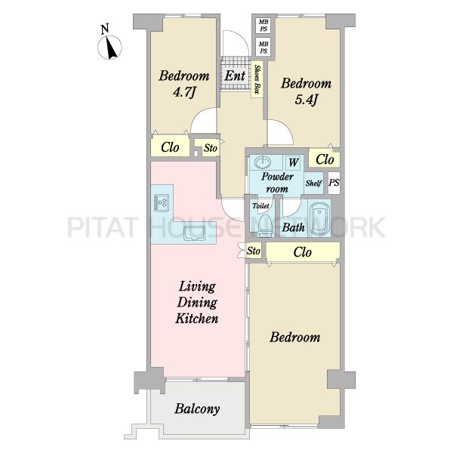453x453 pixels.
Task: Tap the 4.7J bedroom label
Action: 184,84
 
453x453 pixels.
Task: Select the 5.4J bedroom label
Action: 307,91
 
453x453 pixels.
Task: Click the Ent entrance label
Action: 235,75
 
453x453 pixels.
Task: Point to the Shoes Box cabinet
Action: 257,79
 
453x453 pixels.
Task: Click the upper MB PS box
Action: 263,26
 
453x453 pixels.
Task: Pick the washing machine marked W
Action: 293,162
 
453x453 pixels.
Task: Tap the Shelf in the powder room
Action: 314,183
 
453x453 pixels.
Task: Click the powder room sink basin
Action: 263,162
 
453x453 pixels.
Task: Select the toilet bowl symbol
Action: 266,226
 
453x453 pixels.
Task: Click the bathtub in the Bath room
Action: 319,217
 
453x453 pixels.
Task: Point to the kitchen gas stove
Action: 162,202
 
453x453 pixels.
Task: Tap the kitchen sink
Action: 195,233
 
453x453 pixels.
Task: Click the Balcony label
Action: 197,408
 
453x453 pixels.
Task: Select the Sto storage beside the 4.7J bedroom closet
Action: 210,148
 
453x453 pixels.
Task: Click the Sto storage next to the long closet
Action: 254,251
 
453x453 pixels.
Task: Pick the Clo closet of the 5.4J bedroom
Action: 325,159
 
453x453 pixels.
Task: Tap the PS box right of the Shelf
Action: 334,183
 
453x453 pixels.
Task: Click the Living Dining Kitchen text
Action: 197,302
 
